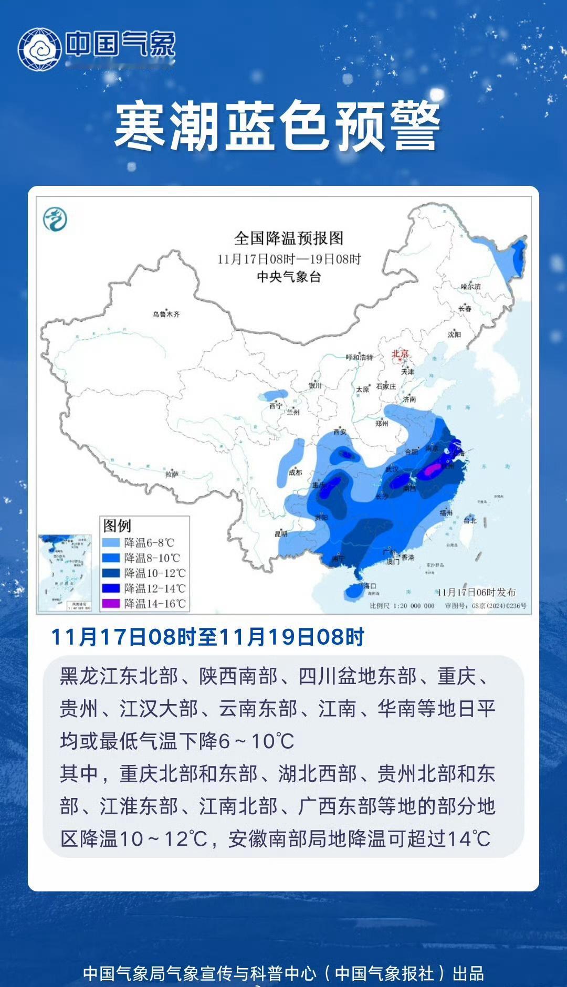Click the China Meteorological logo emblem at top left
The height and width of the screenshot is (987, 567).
pyautogui.click(x=40, y=49)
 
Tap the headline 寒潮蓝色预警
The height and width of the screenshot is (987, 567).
pyautogui.click(x=277, y=127)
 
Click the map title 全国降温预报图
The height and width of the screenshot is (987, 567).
pyautogui.click(x=289, y=238)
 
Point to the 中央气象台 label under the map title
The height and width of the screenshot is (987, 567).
pyautogui.click(x=289, y=277)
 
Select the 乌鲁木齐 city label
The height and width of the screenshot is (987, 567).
pyautogui.click(x=166, y=314)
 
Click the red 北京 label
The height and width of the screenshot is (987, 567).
pyautogui.click(x=400, y=354)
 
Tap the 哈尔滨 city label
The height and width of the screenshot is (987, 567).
pyautogui.click(x=470, y=287)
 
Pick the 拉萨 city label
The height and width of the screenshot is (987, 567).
pyautogui.click(x=172, y=474)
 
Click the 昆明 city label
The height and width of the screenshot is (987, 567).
pyautogui.click(x=281, y=534)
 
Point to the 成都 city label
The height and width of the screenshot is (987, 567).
pyautogui.click(x=296, y=472)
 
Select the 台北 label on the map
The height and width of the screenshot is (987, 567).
pyautogui.click(x=470, y=520)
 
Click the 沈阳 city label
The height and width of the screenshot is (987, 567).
pyautogui.click(x=454, y=334)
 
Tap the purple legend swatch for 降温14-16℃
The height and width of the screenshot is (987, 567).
pyautogui.click(x=111, y=604)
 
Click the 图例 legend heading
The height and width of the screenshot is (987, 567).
pyautogui.click(x=117, y=526)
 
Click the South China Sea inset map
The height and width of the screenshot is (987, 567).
pyautogui.click(x=65, y=573)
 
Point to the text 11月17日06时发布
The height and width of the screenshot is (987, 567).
pyautogui.click(x=476, y=592)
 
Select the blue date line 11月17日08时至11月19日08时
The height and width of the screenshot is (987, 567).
pyautogui.click(x=207, y=637)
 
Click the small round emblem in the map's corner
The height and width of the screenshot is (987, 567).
pyautogui.click(x=55, y=219)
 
